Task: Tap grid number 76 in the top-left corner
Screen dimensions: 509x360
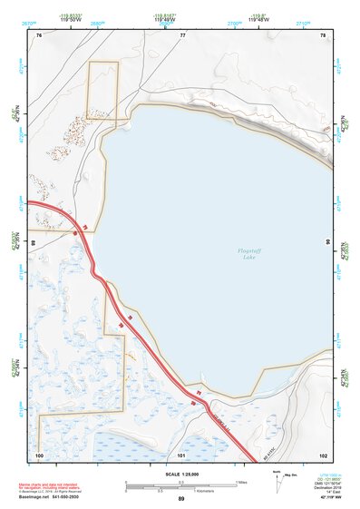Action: pyautogui.click(x=39, y=34)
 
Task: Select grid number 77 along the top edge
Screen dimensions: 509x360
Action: pyautogui.click(x=181, y=34)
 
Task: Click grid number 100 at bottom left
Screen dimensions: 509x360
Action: pyautogui.click(x=39, y=454)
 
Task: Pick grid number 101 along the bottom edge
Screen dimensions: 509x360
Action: pyautogui.click(x=181, y=454)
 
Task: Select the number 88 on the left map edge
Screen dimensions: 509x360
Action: pyautogui.click(x=33, y=243)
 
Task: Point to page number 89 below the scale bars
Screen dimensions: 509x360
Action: pyautogui.click(x=181, y=499)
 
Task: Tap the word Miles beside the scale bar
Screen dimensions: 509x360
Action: pyautogui.click(x=243, y=481)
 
